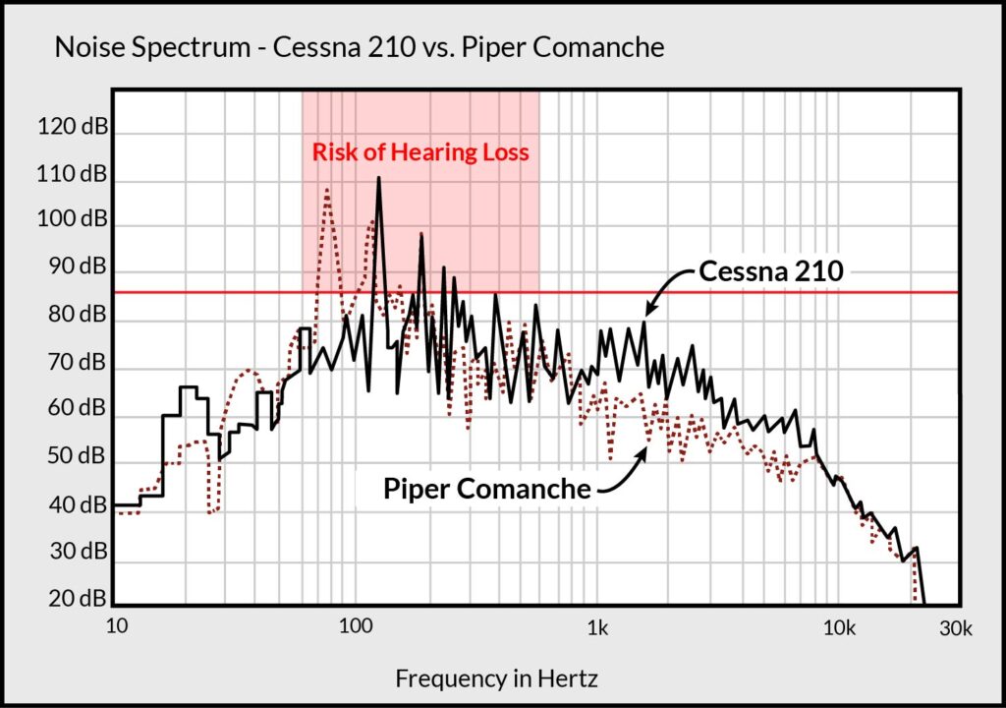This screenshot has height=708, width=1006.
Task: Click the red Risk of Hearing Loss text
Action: coord(420,153)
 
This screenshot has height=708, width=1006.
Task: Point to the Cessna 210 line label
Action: coord(770,272)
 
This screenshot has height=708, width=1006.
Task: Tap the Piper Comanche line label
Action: coord(487,489)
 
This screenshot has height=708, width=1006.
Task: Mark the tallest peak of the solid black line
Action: coord(378,179)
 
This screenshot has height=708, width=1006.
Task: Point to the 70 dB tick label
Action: coord(73,363)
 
